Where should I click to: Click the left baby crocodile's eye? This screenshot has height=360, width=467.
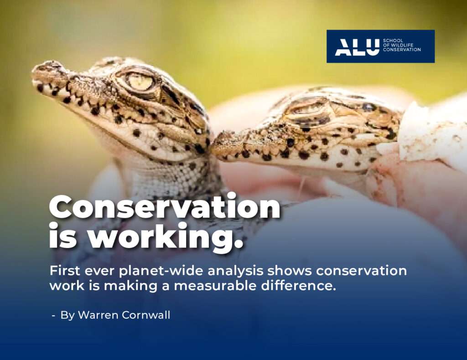coord(140,82)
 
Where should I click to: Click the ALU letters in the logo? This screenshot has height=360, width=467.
coord(357,47)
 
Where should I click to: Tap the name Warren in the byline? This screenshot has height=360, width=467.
coord(98,315)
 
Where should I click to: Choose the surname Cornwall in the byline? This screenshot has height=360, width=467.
coord(146,315)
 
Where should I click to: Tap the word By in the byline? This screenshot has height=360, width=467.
coord(67,315)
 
